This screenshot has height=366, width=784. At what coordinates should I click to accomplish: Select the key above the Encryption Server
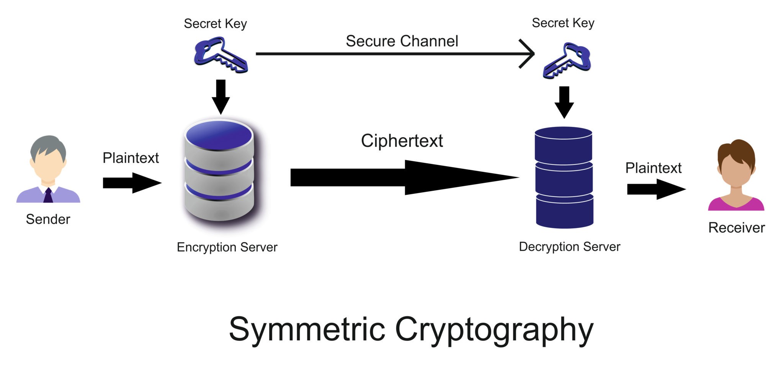point(221,55)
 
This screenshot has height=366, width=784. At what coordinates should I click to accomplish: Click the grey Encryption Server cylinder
point(219,171)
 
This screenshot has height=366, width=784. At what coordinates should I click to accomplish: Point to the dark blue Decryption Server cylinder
point(564,177)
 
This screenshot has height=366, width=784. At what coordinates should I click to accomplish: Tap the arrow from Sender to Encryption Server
point(132,183)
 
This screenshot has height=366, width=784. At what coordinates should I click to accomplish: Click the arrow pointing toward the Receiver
point(657,189)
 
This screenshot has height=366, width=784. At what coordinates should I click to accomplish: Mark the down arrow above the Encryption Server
point(220,97)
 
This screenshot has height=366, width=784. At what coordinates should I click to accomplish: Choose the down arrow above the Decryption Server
point(564,102)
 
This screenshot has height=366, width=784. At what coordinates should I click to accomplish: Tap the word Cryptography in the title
point(494,330)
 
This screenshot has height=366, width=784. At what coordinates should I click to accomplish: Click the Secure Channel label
point(402,41)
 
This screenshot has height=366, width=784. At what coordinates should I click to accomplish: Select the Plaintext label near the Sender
point(131,158)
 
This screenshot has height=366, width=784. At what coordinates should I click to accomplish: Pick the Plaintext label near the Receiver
point(653,168)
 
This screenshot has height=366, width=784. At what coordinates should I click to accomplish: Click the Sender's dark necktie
point(48,195)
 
